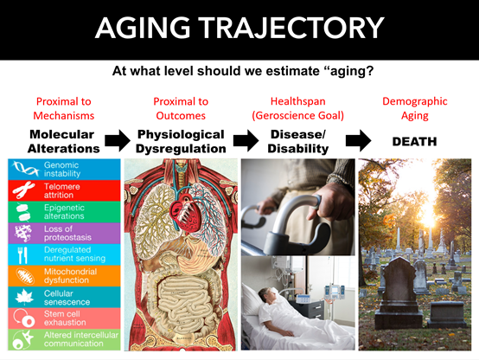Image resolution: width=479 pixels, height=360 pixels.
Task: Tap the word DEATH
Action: coord(414,142)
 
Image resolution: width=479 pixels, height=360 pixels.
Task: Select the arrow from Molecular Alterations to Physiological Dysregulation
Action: coord(118,141)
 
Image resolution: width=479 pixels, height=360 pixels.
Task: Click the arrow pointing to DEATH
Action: coord(358,141)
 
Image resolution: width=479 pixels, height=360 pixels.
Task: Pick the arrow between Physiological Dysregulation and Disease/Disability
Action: coord(246,141)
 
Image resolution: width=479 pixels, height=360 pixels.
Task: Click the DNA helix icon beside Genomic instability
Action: coord(25,169)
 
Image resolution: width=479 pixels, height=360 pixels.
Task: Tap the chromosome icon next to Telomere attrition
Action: coord(23,190)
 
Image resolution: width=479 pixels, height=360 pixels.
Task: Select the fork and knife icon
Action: coord(22,254)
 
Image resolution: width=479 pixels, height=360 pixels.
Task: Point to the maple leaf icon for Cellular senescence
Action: coord(24,298)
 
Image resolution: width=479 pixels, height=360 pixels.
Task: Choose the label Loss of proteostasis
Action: coord(67,233)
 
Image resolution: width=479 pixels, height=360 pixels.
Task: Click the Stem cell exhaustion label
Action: coord(65,318)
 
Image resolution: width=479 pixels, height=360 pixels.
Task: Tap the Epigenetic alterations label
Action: coord(64,212)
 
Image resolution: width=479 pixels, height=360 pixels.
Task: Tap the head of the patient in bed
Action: coord(265,294)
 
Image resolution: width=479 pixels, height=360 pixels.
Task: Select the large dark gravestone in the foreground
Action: coord(399,292)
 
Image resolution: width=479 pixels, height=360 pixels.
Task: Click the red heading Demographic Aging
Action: coord(414,108)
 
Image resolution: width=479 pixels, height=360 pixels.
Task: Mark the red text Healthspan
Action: coord(297,101)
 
